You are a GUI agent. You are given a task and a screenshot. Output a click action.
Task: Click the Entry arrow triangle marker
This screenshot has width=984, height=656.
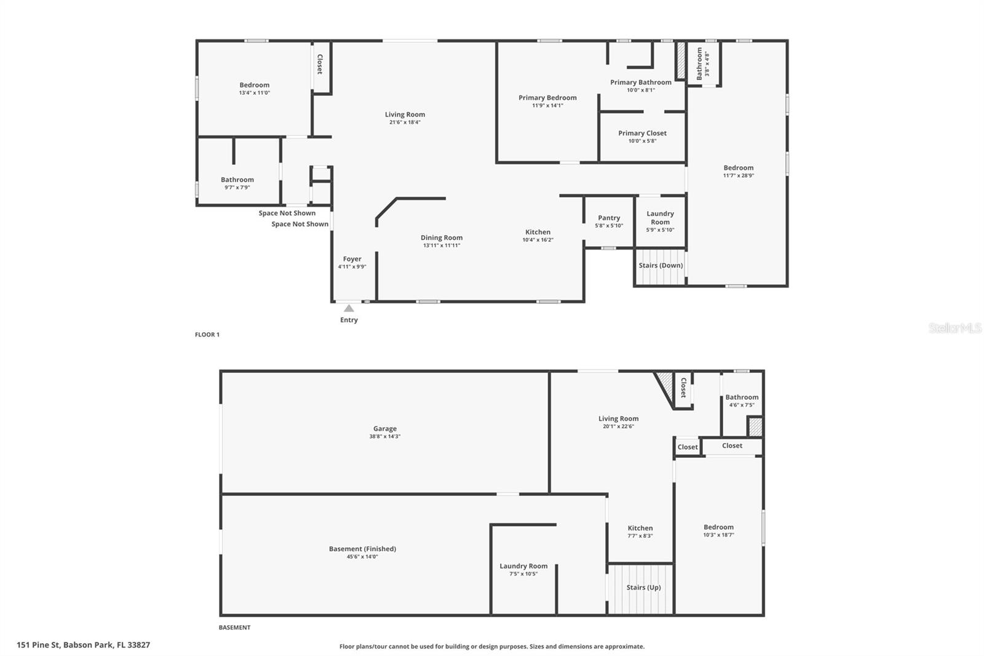pos(349,308)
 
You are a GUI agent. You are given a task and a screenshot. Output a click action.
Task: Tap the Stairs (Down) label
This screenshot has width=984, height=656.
pos(661,265)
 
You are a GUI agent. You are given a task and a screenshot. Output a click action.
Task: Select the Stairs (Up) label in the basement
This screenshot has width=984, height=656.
pos(643,587)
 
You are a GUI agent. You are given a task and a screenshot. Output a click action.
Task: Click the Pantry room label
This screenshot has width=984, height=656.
pos(609,218)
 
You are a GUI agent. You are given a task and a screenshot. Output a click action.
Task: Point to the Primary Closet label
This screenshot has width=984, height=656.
pos(642,133)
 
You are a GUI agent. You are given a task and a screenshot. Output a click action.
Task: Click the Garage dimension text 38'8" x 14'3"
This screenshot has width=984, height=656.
pos(384,436)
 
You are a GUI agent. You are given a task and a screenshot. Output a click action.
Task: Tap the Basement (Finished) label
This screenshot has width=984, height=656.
pos(362,549)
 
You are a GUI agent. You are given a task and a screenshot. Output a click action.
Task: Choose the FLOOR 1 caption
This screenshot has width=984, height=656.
pos(207,335)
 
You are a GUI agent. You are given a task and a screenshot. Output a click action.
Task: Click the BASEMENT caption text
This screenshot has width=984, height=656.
pos(234,628)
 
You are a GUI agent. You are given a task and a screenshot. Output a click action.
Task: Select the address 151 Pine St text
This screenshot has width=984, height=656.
pos(83,645)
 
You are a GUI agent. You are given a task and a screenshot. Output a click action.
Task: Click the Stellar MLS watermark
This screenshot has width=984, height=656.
pos(954,329)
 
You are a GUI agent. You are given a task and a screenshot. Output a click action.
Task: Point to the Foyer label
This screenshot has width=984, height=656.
pos(352,259)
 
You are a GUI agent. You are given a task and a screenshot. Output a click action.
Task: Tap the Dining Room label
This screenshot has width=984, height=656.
pos(441,238)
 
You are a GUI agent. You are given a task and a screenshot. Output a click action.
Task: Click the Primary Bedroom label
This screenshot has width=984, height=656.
pos(547,98)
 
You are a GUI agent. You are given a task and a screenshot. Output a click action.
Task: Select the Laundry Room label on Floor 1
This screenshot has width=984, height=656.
pos(660,218)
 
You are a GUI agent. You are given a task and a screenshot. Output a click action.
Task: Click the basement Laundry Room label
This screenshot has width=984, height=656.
pos(523,566)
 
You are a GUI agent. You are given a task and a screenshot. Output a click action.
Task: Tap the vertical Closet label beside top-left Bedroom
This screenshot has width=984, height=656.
pos(320,65)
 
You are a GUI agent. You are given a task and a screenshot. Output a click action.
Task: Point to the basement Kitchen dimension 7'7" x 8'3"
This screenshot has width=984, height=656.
pos(640,536)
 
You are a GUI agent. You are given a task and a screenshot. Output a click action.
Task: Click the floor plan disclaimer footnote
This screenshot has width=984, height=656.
pos(492,647)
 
